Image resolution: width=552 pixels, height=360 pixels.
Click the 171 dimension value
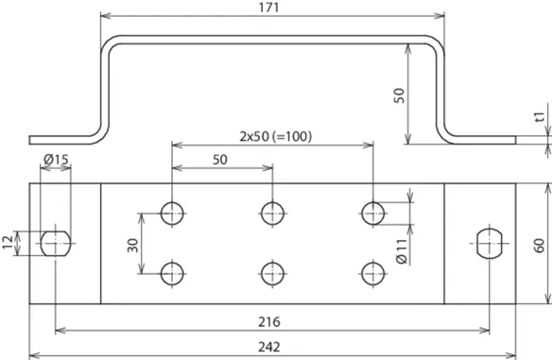(269, 8)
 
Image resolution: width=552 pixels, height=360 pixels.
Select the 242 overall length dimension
(269, 347)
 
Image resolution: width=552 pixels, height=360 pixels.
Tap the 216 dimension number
(269, 322)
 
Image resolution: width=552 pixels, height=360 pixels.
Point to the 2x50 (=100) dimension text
(276, 136)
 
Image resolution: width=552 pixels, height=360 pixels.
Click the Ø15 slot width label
(56, 160)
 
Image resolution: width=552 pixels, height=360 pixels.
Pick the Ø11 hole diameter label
(402, 251)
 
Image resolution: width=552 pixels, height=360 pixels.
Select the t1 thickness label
(540, 116)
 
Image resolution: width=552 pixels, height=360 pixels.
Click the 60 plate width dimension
(539, 246)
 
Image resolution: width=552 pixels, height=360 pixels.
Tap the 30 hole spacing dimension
(132, 246)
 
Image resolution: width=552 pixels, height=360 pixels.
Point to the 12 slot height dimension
(8, 243)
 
